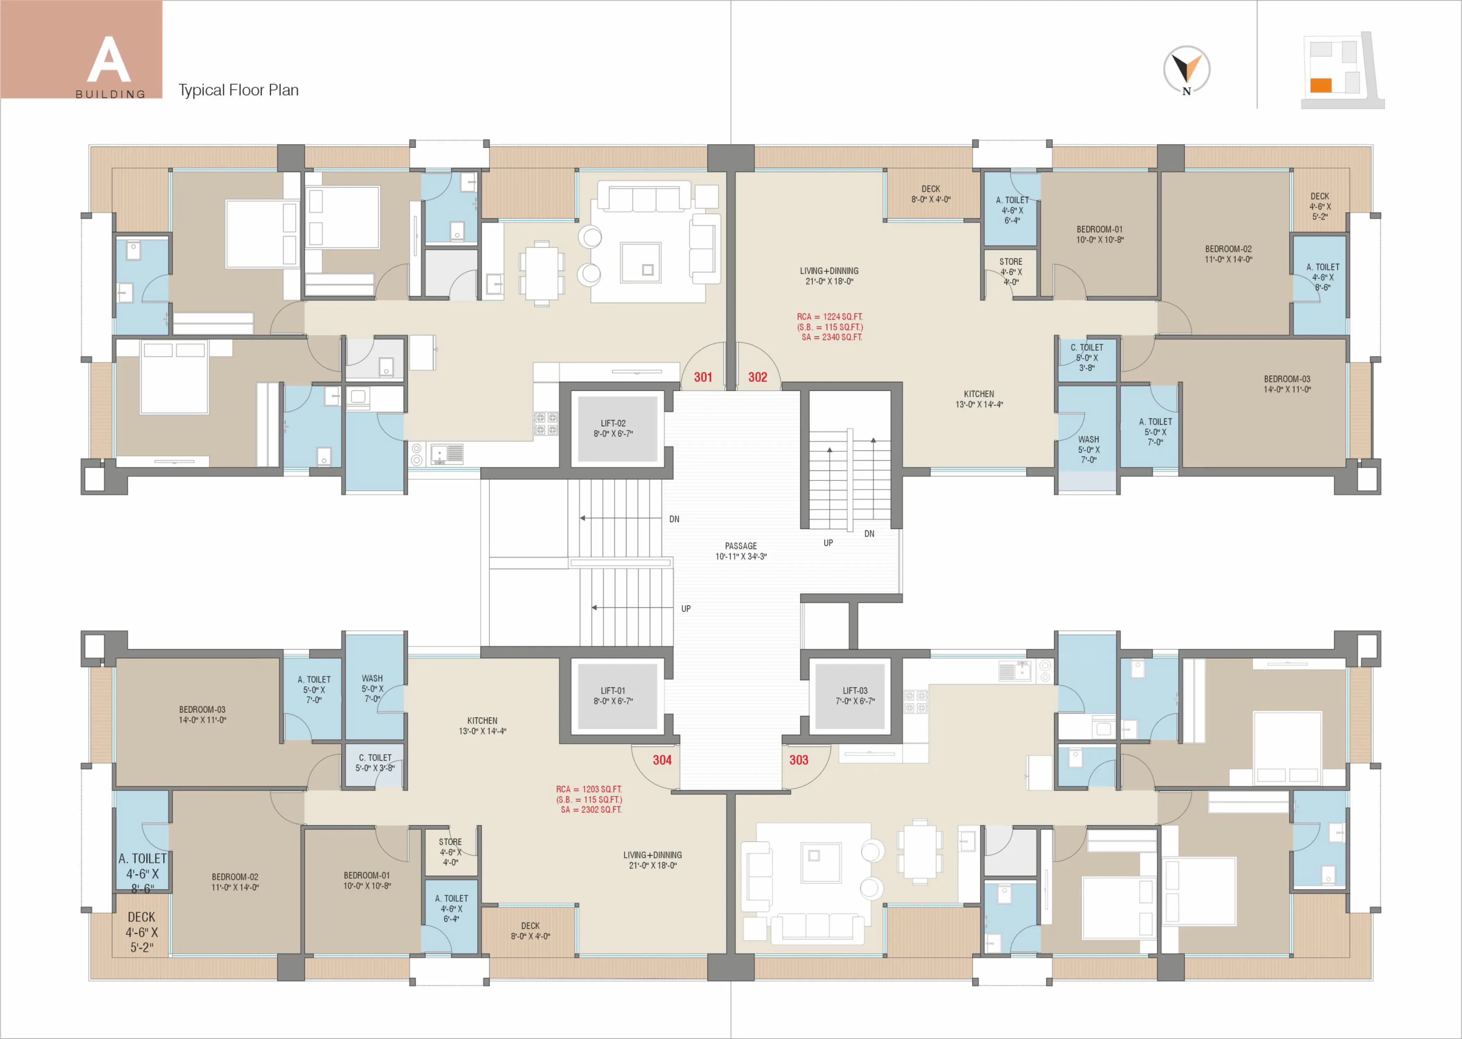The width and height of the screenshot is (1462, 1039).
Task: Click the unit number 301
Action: tap(703, 378)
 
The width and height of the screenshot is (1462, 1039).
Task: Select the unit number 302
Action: tap(758, 378)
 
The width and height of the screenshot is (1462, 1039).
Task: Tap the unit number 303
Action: tap(799, 760)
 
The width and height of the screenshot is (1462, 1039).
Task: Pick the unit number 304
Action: tap(662, 760)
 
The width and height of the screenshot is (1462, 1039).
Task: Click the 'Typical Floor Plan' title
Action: tap(238, 90)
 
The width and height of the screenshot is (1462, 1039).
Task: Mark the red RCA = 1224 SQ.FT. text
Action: tap(829, 317)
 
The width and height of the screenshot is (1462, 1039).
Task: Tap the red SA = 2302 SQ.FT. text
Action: tap(590, 810)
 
